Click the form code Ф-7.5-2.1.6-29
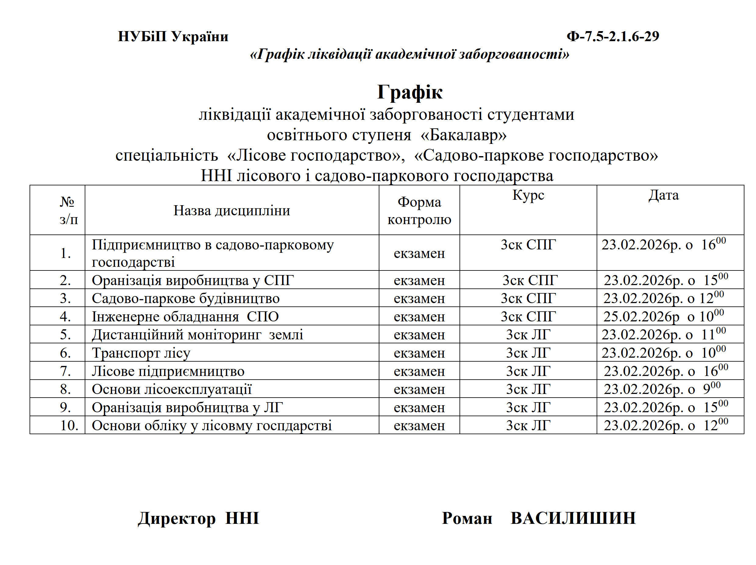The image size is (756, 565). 612,36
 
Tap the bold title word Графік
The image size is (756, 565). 410,92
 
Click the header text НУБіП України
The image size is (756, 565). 173,36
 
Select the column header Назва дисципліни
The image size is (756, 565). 232,210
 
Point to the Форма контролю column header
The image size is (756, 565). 419,210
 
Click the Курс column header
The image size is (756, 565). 528,195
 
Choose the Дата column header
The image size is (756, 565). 663,195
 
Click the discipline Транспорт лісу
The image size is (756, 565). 141,353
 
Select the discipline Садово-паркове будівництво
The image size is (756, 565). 186,299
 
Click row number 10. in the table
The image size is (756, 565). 69,425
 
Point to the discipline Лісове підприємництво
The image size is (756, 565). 168,371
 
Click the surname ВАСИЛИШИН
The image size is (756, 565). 573,518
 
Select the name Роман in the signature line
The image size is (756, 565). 467,518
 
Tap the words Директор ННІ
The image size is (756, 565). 198,518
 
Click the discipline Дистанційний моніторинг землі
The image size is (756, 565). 197,334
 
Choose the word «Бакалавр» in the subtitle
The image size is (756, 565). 463,135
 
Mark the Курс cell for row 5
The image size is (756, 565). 528,334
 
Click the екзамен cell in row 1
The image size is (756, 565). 419,253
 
